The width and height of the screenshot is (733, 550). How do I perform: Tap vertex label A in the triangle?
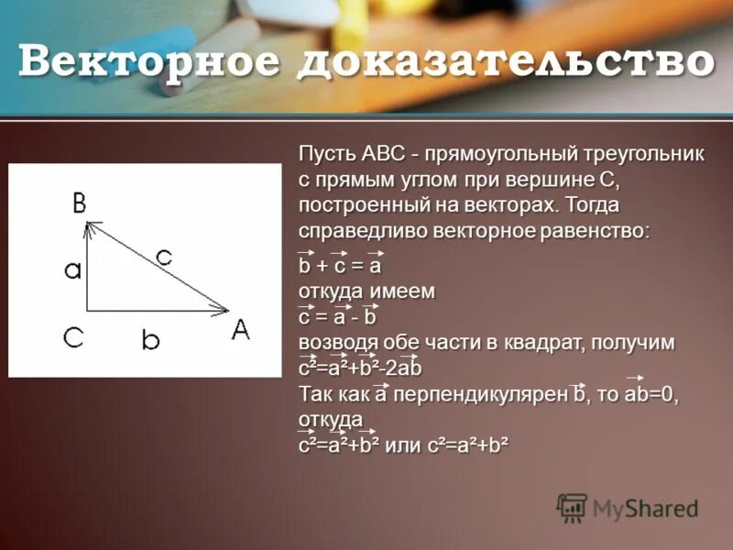click(240, 331)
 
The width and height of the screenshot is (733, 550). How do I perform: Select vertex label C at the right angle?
click(74, 337)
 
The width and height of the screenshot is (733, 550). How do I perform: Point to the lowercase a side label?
click(73, 269)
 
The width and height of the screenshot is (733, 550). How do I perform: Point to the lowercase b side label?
click(151, 340)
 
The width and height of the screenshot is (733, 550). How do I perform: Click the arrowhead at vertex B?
click(89, 225)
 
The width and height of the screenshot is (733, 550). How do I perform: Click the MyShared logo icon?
click(572, 508)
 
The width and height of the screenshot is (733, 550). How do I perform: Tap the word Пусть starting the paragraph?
click(328, 154)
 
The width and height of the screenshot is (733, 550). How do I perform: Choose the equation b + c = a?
click(339, 267)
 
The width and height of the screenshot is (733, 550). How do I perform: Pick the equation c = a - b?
click(337, 317)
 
